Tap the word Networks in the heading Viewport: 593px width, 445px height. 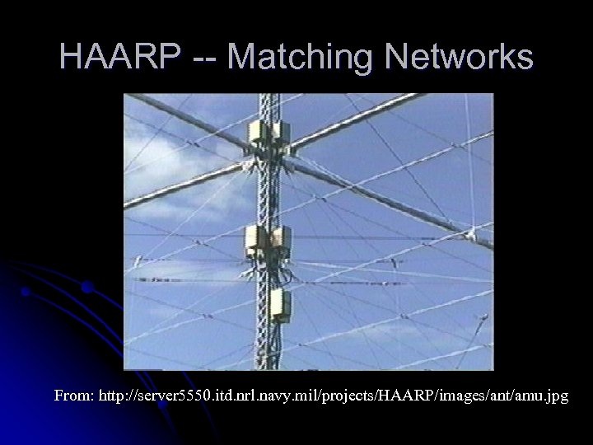pyautogui.click(x=461, y=58)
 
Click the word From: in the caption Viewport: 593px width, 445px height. pyautogui.click(x=73, y=396)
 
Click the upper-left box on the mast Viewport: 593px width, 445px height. pyautogui.click(x=258, y=133)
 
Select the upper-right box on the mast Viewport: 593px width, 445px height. pyautogui.click(x=282, y=132)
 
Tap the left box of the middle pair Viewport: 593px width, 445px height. pyautogui.click(x=256, y=239)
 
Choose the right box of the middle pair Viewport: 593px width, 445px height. pyautogui.click(x=281, y=239)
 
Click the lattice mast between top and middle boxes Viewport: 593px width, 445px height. pyautogui.click(x=268, y=190)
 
